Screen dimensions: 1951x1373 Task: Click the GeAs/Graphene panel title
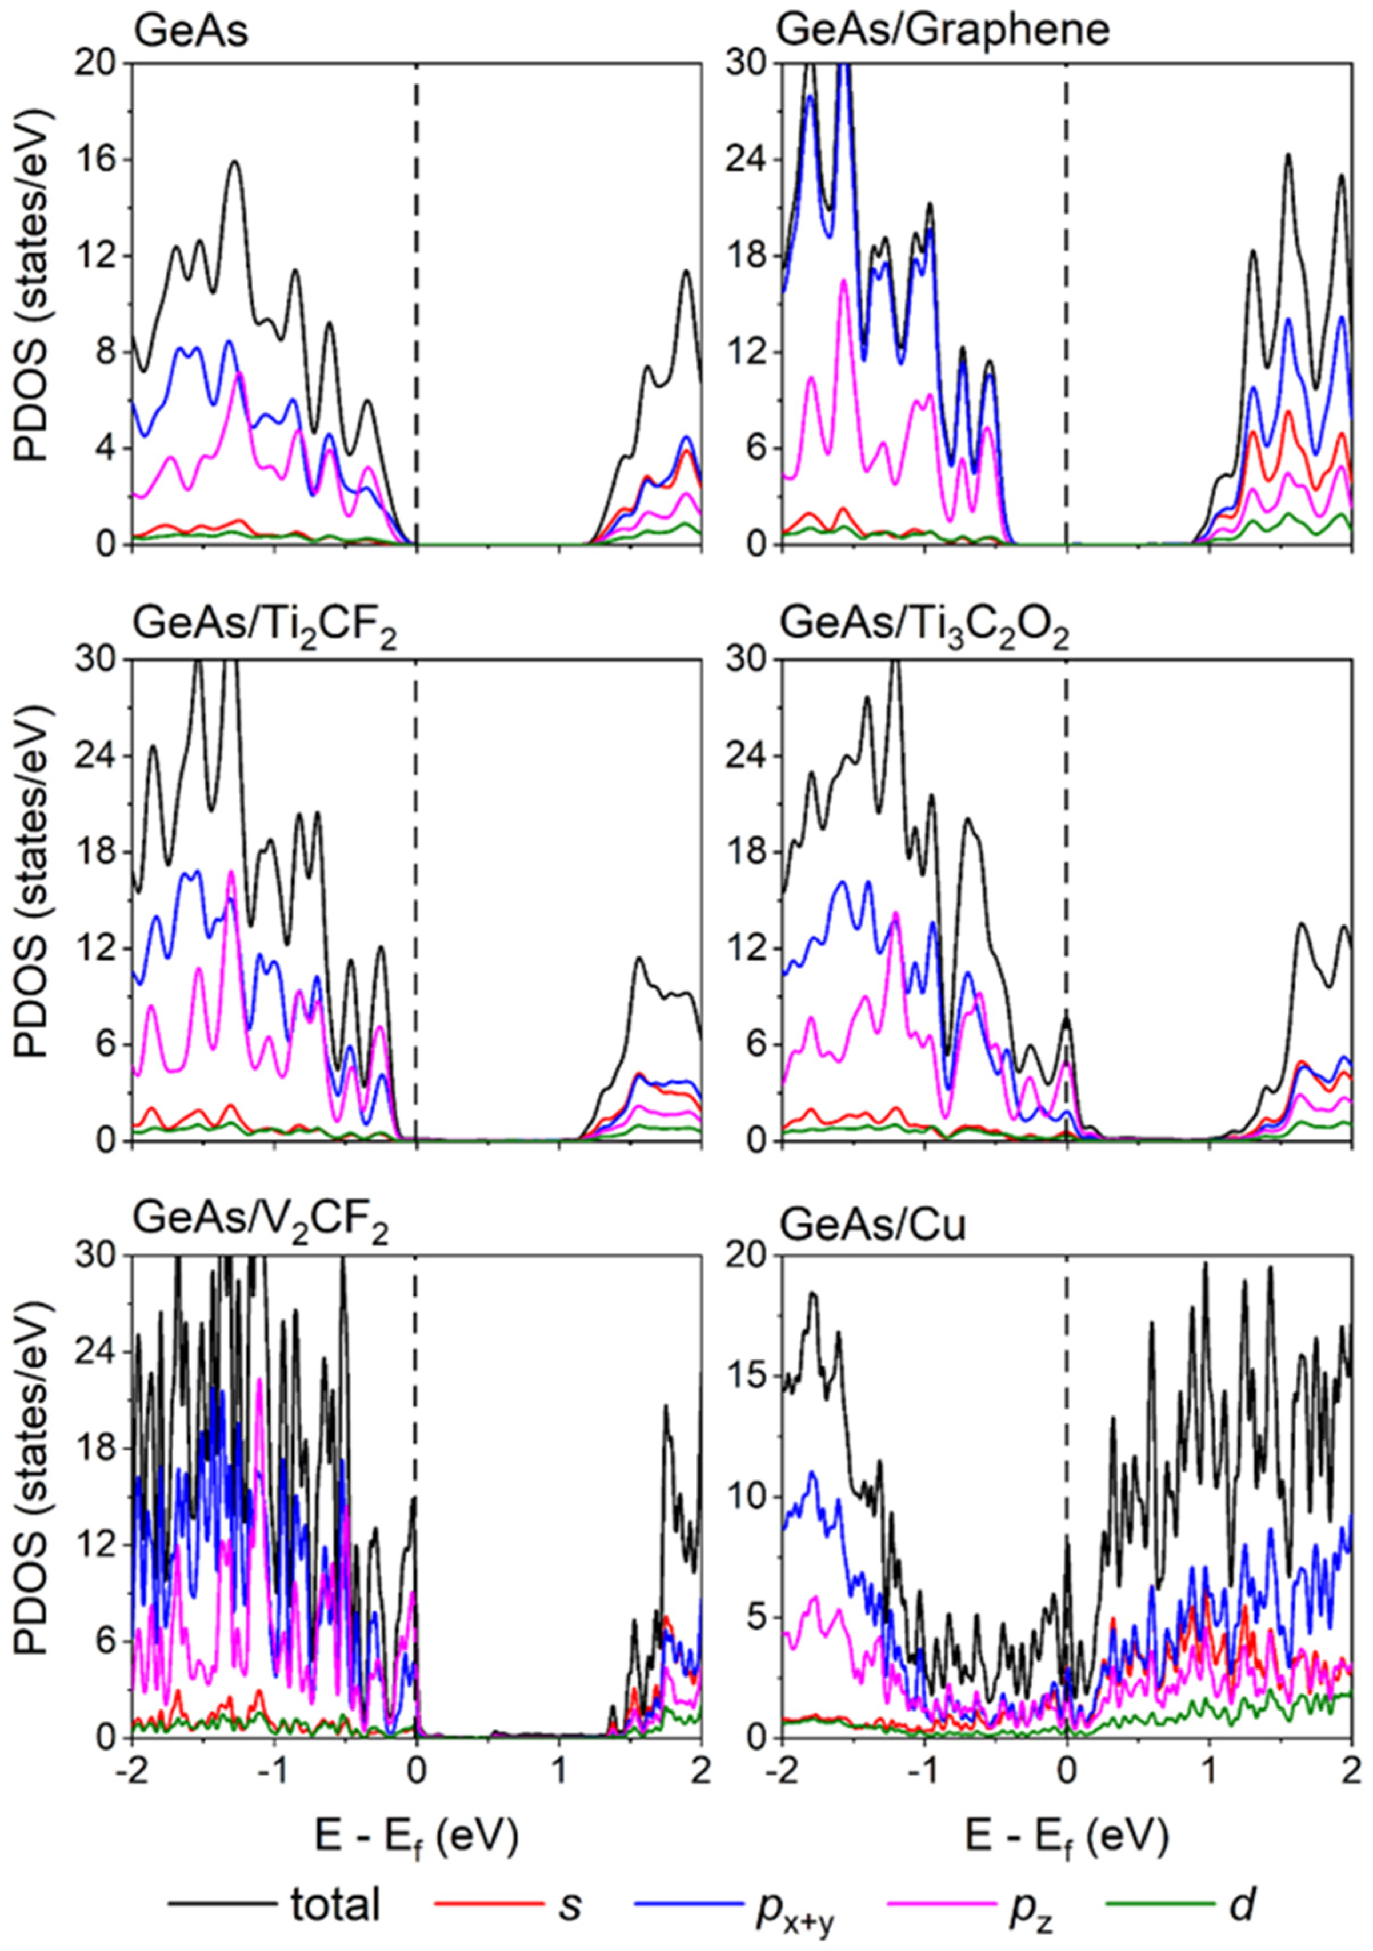(x=944, y=31)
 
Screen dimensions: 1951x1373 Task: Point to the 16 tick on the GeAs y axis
(x=102, y=160)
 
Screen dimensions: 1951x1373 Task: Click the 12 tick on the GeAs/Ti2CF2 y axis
(x=102, y=949)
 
